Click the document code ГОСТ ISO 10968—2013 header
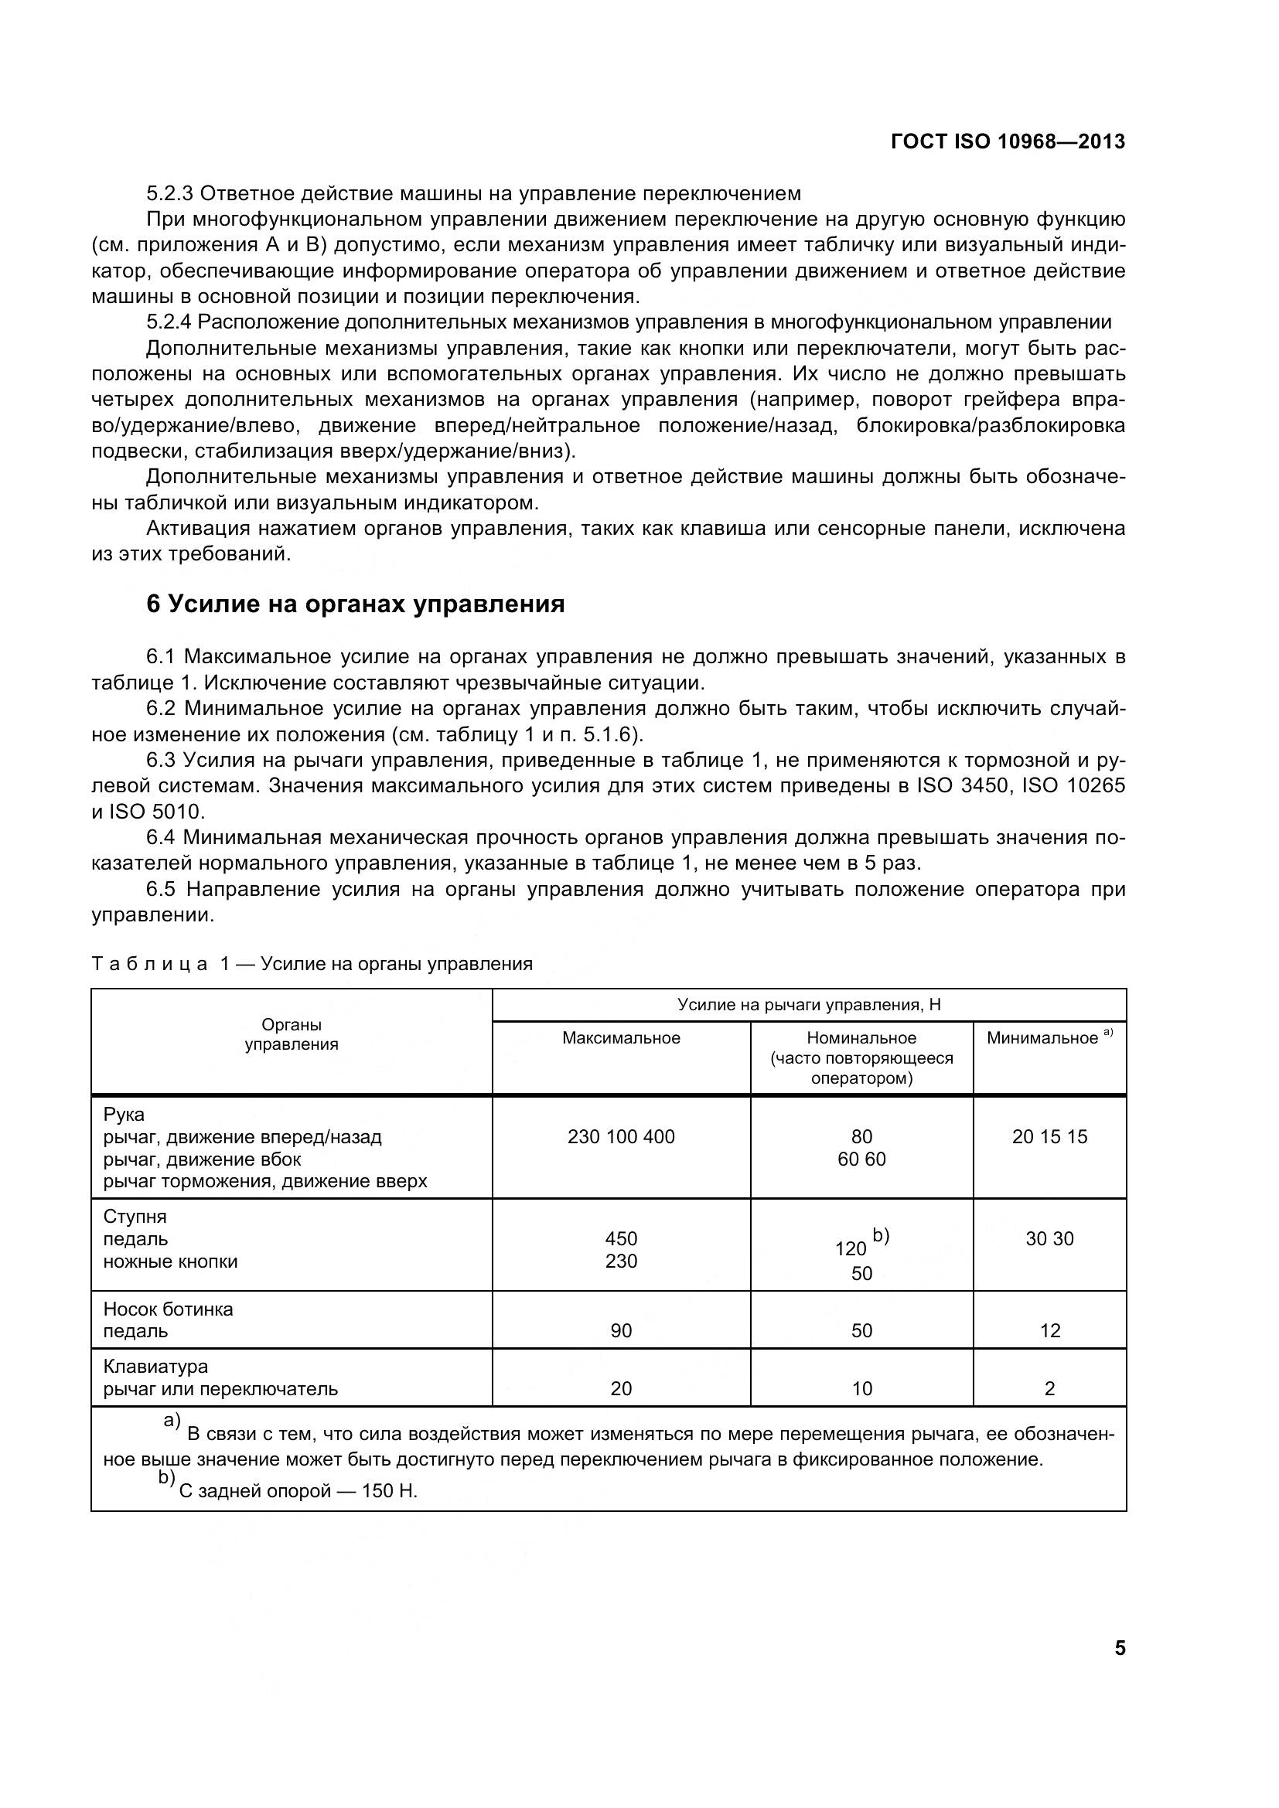[x=1008, y=141]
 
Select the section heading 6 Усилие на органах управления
[x=355, y=604]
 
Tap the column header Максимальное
[x=621, y=1038]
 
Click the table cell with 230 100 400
[x=621, y=1136]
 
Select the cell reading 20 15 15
[x=1049, y=1136]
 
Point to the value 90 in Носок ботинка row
[x=621, y=1331]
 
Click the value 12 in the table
[x=1049, y=1331]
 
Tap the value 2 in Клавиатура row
[x=1049, y=1388]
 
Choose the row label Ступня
[x=135, y=1217]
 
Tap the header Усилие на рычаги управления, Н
[x=809, y=1005]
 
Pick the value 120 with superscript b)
[x=850, y=1249]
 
